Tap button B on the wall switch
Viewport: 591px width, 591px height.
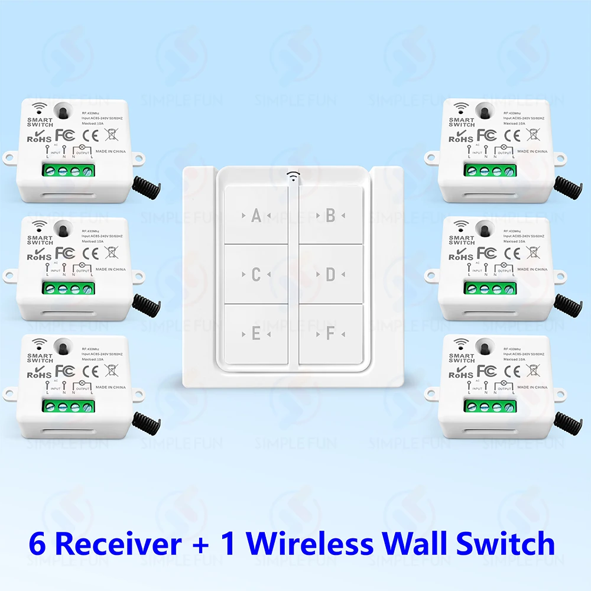pyautogui.click(x=330, y=216)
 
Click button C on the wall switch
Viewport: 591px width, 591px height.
pyautogui.click(x=256, y=275)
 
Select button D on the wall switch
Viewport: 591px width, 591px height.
pyautogui.click(x=330, y=275)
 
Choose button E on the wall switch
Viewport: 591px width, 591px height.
pyautogui.click(x=256, y=334)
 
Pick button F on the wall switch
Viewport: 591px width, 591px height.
pyautogui.click(x=330, y=334)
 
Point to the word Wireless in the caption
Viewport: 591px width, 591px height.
pyautogui.click(x=311, y=544)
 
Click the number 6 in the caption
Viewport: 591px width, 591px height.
pyautogui.click(x=37, y=544)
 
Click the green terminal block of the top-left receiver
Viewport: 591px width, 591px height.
pyautogui.click(x=68, y=172)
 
